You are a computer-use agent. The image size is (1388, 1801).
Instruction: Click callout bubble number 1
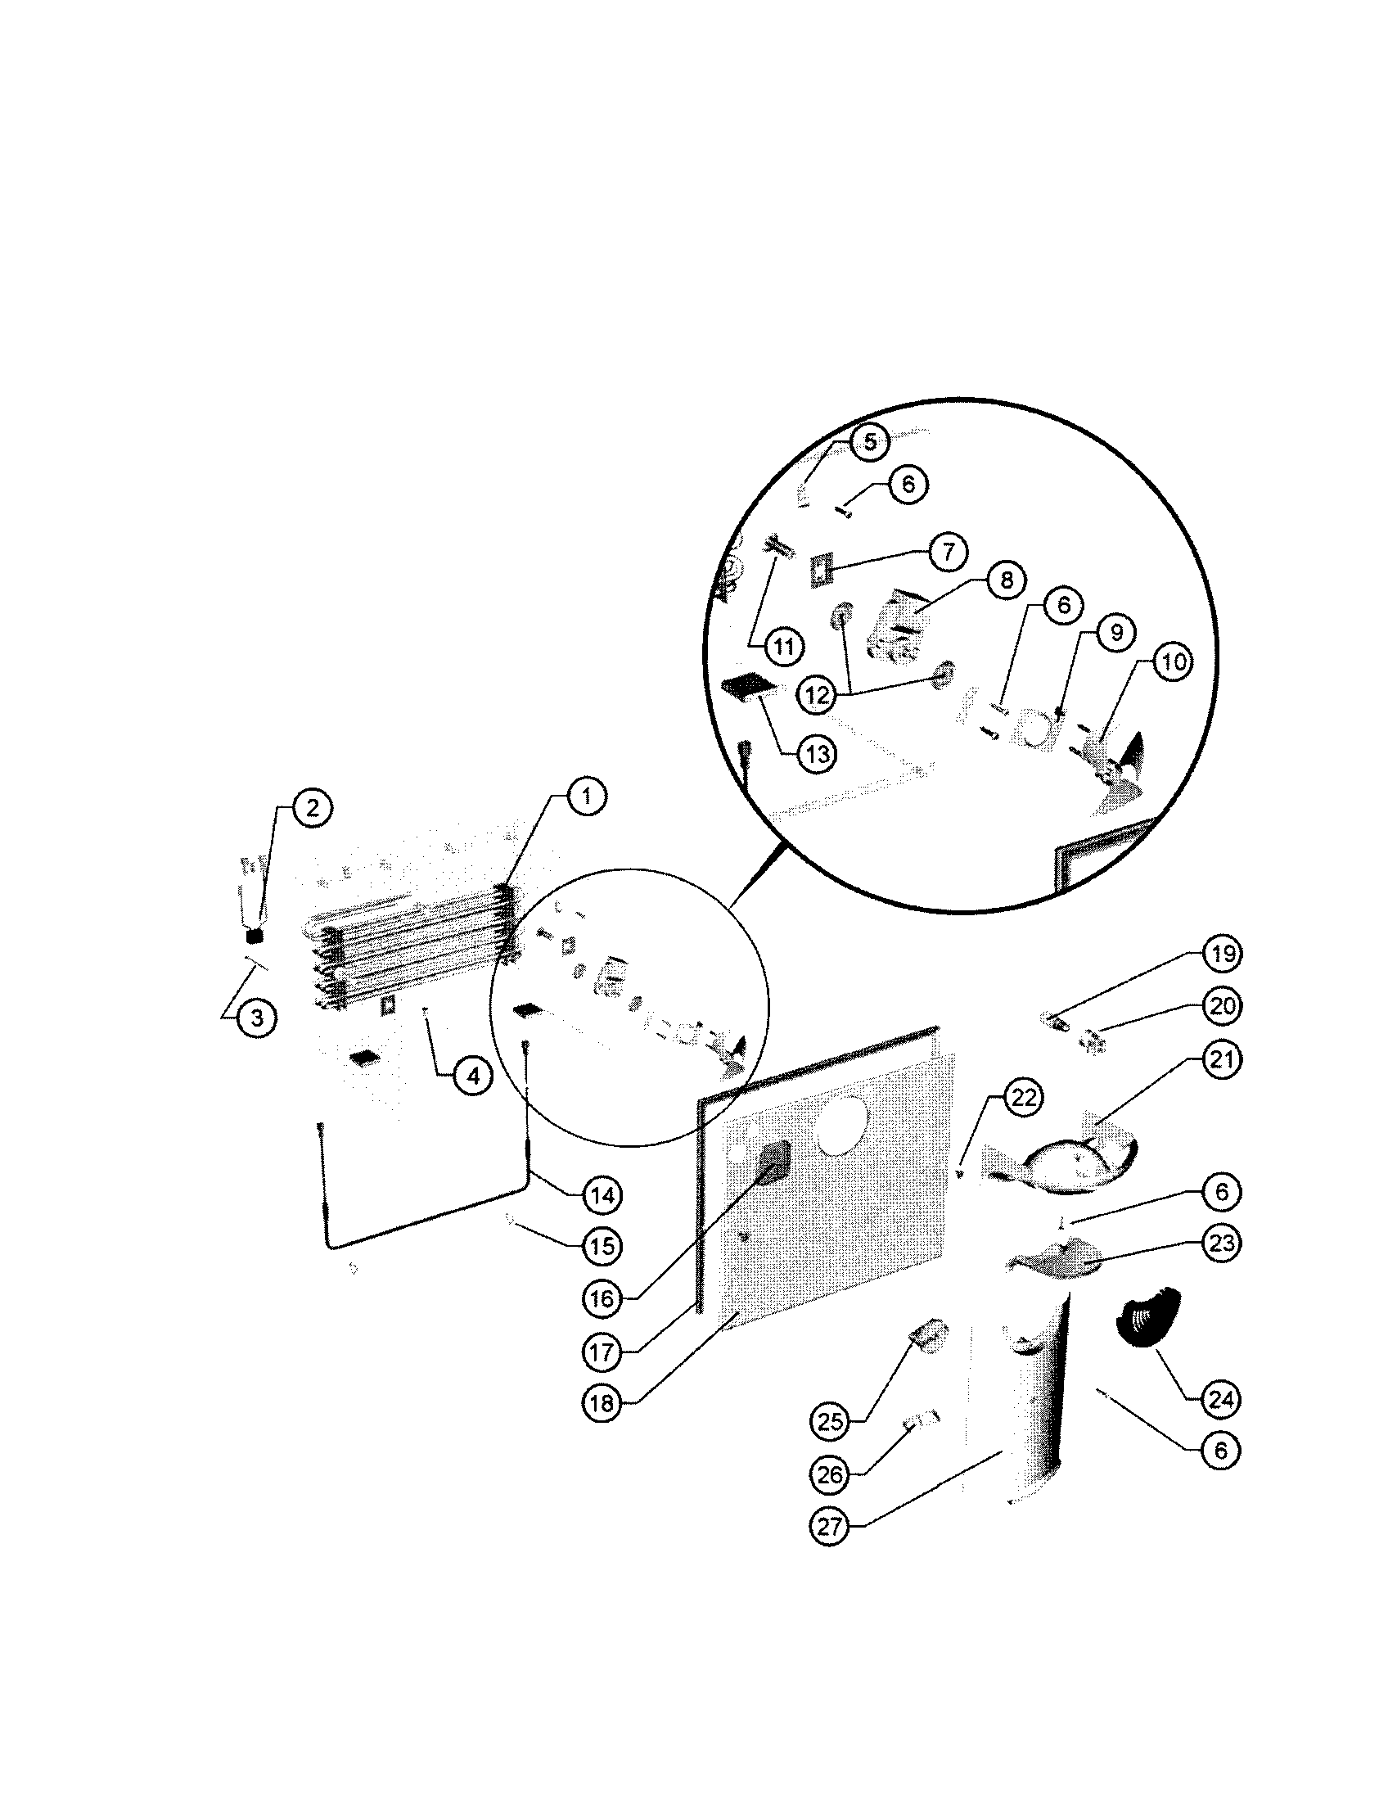(x=586, y=797)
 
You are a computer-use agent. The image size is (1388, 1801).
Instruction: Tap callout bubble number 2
(x=312, y=807)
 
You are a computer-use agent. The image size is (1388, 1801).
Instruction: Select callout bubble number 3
(x=256, y=1018)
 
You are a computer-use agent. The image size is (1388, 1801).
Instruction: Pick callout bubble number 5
(x=871, y=442)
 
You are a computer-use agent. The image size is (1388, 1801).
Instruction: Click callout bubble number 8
(x=1006, y=580)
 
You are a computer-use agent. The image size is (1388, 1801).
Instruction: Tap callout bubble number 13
(x=816, y=754)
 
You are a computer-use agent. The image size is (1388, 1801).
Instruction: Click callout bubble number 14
(x=602, y=1195)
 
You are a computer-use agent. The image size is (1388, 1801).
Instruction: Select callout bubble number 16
(x=602, y=1299)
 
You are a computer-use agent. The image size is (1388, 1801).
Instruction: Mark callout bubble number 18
(x=602, y=1402)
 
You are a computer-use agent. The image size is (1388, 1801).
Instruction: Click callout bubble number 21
(x=1221, y=1058)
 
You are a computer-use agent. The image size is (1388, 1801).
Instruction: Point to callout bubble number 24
(x=1221, y=1397)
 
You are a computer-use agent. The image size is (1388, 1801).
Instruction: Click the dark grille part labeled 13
(x=745, y=686)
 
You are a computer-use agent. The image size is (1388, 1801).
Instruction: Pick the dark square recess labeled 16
(x=774, y=1165)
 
